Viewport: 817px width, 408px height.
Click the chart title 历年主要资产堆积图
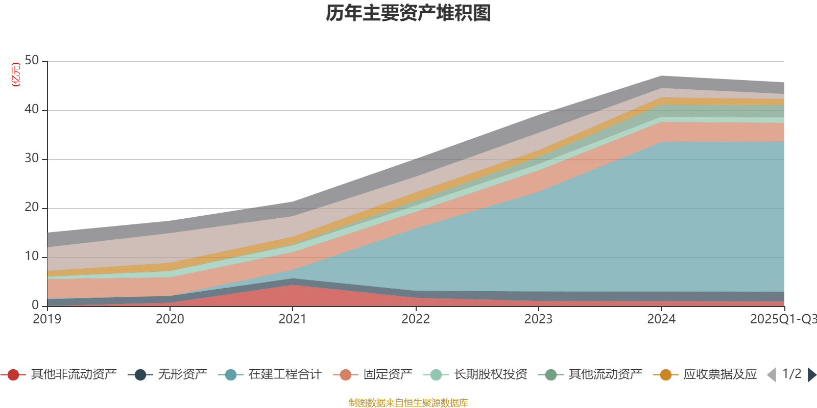click(408, 13)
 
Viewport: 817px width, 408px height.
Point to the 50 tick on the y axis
click(32, 61)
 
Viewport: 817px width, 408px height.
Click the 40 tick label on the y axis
click(32, 110)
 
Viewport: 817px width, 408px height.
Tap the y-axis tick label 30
click(32, 159)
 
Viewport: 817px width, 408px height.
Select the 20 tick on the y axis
click(32, 208)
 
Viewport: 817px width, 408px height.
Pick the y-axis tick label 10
click(32, 257)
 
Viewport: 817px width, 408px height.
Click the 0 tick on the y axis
click(35, 305)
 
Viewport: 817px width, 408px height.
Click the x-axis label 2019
click(47, 319)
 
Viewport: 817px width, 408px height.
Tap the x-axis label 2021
click(292, 319)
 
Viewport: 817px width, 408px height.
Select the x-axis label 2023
click(538, 319)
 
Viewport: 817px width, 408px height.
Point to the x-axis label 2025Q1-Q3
click(783, 319)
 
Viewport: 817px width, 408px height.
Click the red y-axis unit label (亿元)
click(16, 74)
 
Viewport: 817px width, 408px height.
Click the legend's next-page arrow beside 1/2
click(811, 375)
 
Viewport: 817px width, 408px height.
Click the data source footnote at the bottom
click(408, 403)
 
